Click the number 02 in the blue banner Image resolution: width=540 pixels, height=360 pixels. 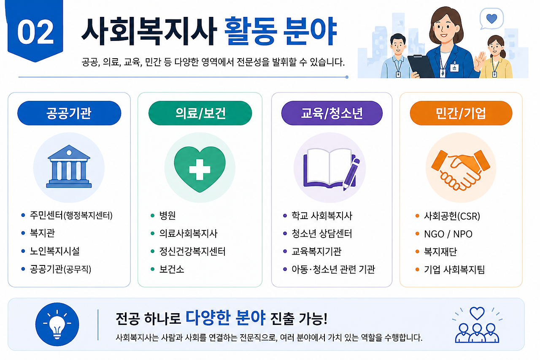(x=35, y=32)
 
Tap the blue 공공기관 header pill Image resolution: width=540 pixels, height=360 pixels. (x=69, y=113)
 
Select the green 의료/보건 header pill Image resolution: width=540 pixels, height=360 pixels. (x=200, y=113)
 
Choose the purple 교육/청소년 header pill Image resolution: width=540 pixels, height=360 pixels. (x=332, y=113)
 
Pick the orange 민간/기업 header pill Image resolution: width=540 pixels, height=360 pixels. (x=461, y=113)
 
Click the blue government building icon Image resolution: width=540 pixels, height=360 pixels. (x=69, y=166)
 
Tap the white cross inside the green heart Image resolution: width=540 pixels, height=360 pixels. (x=200, y=170)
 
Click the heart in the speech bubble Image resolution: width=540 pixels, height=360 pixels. (x=491, y=19)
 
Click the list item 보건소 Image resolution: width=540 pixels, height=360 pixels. (x=172, y=269)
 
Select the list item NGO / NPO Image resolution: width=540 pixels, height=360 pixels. (x=448, y=234)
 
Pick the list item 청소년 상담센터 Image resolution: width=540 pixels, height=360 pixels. (x=322, y=233)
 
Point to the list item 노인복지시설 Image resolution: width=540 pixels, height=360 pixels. (x=55, y=251)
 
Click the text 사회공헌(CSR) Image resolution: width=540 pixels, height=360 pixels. (x=452, y=216)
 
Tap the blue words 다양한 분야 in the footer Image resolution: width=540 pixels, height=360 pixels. (x=225, y=318)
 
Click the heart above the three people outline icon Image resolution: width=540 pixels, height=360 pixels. (x=477, y=313)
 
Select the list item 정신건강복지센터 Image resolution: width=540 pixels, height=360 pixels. (x=192, y=251)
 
